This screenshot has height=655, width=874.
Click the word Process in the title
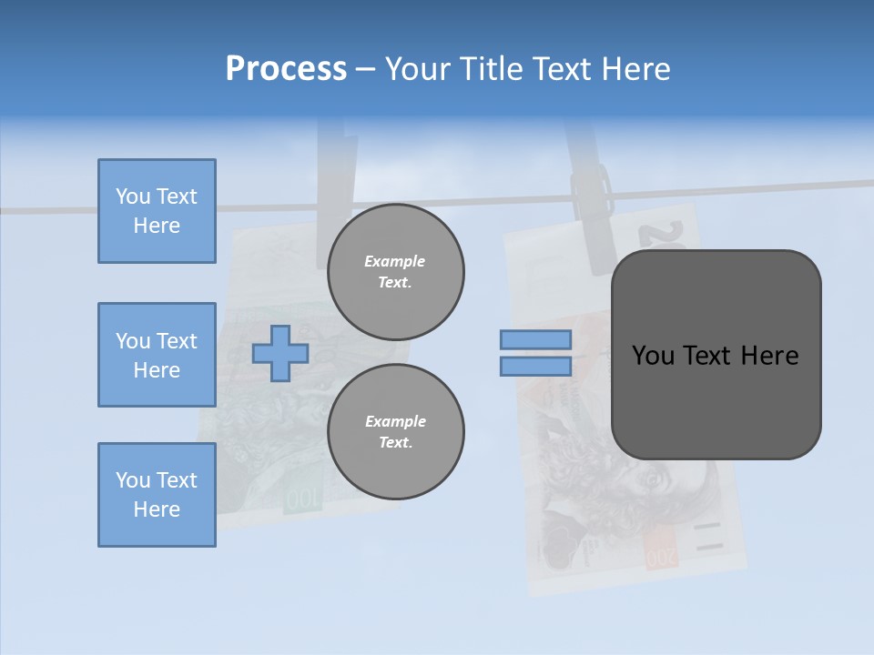pos(286,69)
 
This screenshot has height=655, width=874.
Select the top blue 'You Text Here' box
pos(157,211)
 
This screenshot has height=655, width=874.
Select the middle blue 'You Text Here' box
pos(157,355)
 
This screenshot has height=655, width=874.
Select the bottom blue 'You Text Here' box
pos(157,495)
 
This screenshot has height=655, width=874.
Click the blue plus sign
pos(280,354)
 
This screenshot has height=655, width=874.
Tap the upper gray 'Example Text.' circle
pos(396,272)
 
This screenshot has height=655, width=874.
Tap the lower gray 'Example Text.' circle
pos(396,432)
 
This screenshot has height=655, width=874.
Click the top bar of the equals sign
pos(535,340)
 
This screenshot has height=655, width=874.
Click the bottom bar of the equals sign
pos(535,367)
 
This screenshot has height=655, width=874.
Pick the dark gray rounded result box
pos(716,355)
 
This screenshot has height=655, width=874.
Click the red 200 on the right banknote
pos(662,554)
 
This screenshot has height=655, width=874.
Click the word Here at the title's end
pos(636,69)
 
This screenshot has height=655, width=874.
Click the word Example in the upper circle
pos(395,261)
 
